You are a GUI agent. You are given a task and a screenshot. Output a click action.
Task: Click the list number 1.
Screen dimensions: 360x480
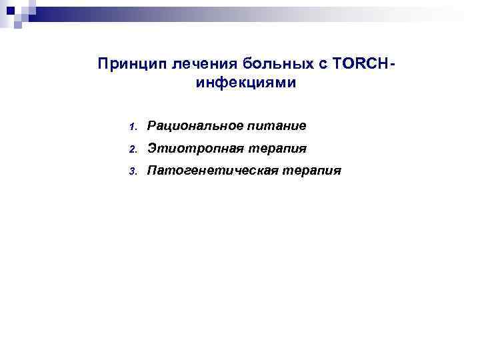133,126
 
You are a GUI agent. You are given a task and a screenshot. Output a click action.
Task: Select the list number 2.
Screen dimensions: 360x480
133,149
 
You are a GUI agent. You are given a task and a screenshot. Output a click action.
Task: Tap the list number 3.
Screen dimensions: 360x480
133,171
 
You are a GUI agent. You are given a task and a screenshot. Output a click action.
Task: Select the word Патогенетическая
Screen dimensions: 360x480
207,171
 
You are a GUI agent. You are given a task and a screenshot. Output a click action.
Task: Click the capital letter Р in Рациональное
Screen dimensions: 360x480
152,125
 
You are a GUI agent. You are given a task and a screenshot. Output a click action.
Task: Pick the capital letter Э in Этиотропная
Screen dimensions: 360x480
152,148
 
